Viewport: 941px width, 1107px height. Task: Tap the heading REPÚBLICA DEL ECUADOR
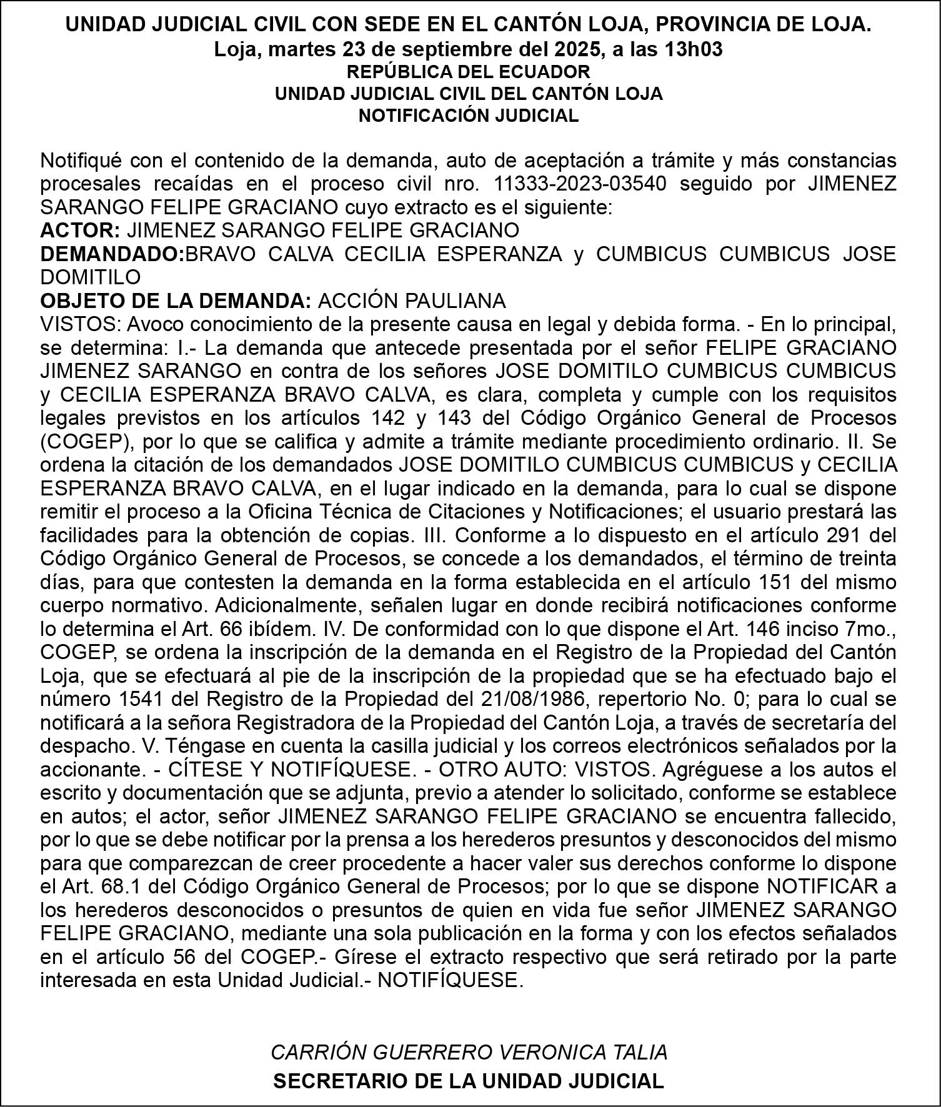[x=469, y=71]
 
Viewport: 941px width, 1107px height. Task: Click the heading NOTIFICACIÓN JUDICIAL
[x=469, y=116]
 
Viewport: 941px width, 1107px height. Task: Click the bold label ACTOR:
[x=80, y=231]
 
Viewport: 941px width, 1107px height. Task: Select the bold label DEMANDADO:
[x=112, y=254]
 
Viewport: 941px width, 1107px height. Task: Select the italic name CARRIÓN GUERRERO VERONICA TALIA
[x=469, y=1053]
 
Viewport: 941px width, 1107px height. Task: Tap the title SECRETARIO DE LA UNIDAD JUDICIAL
[x=469, y=1082]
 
